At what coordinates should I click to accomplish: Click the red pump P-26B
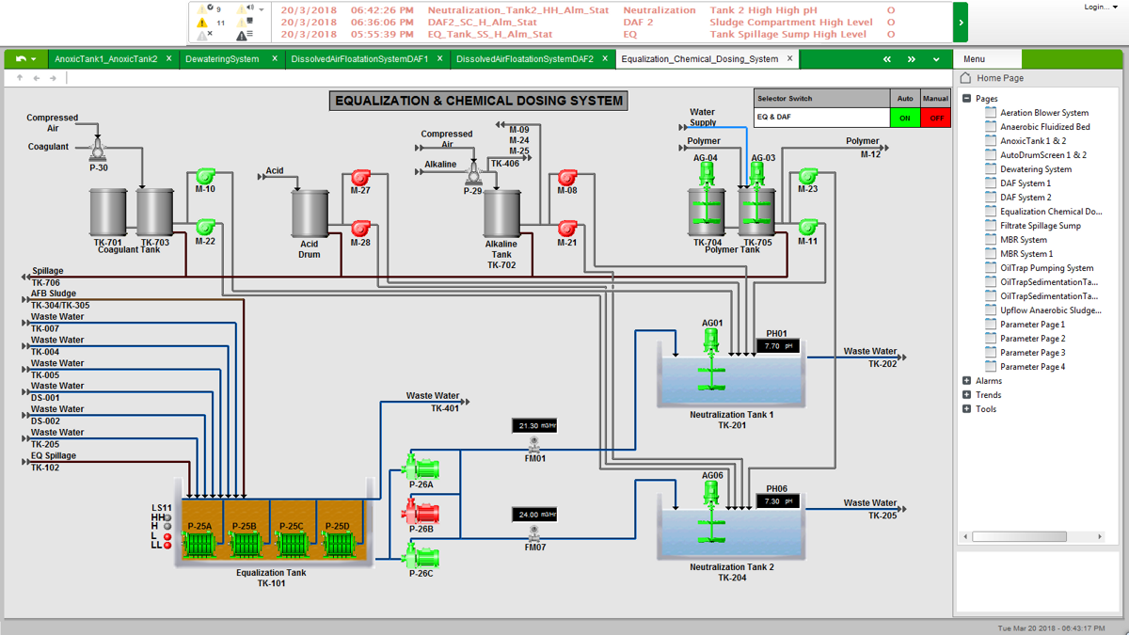coord(421,513)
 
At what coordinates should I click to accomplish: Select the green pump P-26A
coord(420,467)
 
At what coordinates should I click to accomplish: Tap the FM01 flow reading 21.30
coord(534,426)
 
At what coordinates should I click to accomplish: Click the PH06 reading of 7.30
coord(778,501)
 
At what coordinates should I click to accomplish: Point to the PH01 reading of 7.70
coord(778,346)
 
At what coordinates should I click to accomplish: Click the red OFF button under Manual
coord(936,118)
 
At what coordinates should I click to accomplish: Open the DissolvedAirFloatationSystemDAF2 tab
coord(523,58)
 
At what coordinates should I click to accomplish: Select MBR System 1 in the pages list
coord(1026,254)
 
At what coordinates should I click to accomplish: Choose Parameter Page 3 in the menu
coord(1032,353)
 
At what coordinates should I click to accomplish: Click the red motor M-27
coord(360,177)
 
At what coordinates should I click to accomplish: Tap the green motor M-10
coord(205,175)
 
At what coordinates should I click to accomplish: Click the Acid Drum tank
coord(309,214)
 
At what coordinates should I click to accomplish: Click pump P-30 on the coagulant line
coord(98,150)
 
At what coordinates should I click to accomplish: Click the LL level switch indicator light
coord(167,545)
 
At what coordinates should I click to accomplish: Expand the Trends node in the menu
coord(967,395)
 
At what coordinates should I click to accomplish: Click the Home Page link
coord(999,78)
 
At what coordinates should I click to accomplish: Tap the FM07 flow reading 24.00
coord(534,515)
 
